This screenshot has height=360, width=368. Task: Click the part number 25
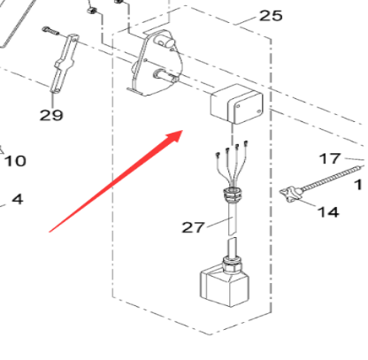point(270,17)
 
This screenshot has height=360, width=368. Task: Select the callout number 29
point(51,114)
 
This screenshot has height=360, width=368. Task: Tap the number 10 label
point(15,161)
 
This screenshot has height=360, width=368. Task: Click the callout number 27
point(194,227)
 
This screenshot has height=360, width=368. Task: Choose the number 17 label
point(329,159)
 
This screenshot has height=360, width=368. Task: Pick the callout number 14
point(327,212)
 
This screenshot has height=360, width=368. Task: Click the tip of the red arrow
point(182,132)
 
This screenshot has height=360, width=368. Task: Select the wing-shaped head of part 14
point(290,195)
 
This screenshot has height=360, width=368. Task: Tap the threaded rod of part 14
point(332,182)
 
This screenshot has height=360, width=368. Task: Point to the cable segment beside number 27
point(233,232)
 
